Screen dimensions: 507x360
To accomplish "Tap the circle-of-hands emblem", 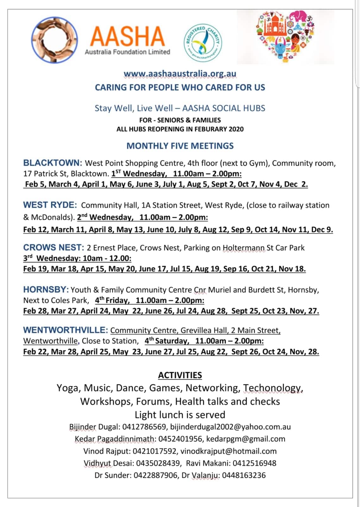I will tap(54, 40).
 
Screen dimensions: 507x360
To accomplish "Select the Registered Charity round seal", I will tap(203, 43).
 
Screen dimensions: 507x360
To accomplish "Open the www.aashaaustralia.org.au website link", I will tap(180, 74).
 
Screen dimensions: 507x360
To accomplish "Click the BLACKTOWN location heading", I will tap(53, 163).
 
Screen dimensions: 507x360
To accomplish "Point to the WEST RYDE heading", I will tap(50, 205).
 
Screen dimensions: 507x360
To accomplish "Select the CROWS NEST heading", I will tap(54, 247).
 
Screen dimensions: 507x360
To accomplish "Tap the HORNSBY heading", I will tap(46, 290).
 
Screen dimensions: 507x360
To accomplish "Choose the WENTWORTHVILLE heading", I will tap(66, 330).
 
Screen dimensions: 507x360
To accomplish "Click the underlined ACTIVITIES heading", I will tap(180, 375).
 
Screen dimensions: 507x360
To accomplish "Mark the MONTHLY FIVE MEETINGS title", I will tap(180, 146).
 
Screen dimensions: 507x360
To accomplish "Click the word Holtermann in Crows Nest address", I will tap(243, 248).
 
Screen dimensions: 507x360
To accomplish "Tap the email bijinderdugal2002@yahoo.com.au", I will tap(230, 427).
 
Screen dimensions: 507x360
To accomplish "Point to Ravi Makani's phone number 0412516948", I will tap(254, 463).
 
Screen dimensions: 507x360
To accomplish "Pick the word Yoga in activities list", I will tap(68, 388).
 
